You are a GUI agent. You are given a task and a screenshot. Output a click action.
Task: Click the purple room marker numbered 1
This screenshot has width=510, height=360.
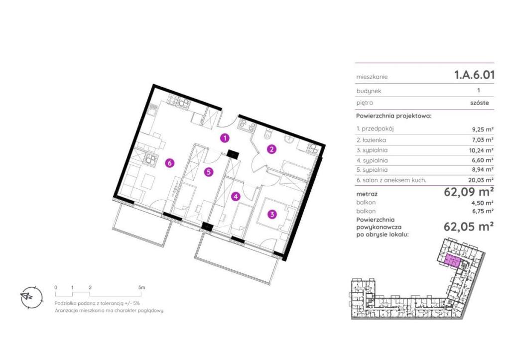pos(224,138)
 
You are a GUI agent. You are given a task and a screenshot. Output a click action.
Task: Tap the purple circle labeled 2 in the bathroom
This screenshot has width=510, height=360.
pos(271,149)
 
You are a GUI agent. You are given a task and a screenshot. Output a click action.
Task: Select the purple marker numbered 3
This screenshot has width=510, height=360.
pos(272,214)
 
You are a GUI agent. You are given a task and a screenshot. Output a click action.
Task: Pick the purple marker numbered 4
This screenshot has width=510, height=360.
pos(235,196)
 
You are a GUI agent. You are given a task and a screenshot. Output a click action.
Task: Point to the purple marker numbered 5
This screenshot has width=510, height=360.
pos(209,172)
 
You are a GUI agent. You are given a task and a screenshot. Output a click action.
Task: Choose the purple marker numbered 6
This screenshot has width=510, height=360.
pos(169,163)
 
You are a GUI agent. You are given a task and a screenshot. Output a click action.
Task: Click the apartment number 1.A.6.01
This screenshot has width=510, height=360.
pos(474,75)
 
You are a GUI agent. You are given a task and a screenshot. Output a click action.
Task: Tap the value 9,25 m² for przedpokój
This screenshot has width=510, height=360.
pos(483,129)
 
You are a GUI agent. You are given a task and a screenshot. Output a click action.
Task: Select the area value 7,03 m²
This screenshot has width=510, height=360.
pos(483,140)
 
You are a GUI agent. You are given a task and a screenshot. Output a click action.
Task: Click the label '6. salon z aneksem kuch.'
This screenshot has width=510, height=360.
pos(391,180)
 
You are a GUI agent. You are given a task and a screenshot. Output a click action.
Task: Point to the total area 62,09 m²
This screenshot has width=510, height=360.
pos(469,192)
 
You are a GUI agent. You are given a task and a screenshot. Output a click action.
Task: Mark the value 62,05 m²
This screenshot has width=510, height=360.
pos(469,227)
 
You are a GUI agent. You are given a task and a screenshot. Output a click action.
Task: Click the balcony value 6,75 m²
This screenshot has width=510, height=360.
pos(483,211)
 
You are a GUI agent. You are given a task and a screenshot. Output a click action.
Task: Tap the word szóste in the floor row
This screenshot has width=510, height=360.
pos(480,103)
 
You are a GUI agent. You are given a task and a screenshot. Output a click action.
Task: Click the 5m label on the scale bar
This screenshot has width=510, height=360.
pos(141,287)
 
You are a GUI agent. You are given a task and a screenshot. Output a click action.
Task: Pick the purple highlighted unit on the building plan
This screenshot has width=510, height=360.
pos(452,261)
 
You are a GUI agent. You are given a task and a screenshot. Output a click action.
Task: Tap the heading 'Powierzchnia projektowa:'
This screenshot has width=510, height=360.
pos(394,116)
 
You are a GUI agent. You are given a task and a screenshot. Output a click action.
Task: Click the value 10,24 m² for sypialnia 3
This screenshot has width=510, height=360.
pos(482,150)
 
